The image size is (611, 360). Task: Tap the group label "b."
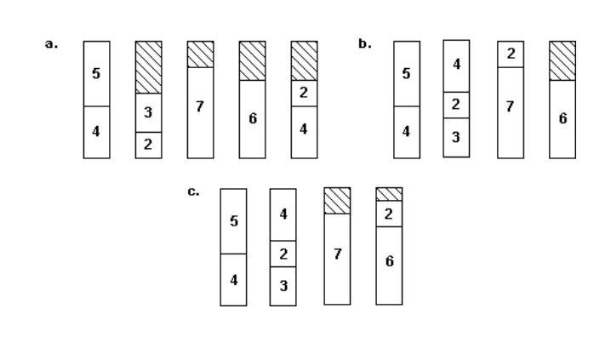tap(365, 43)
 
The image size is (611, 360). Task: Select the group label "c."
tap(193, 191)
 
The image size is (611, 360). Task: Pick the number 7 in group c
tap(338, 254)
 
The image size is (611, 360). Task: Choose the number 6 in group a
tap(253, 118)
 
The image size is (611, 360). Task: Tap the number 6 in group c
tap(389, 260)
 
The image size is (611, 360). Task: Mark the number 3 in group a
tap(148, 113)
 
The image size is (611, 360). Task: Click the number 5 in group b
tap(406, 73)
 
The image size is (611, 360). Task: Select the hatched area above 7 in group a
tap(200, 54)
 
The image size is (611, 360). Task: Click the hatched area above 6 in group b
tap(562, 60)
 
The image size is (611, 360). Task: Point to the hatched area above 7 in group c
tap(338, 201)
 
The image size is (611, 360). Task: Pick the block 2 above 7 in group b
tap(511, 53)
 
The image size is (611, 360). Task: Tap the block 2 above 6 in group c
tap(389, 213)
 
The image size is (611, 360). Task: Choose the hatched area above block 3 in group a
tap(148, 66)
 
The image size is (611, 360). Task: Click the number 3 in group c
tap(284, 286)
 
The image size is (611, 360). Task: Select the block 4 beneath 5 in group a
tap(96, 132)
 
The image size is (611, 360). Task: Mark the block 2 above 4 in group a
tap(304, 93)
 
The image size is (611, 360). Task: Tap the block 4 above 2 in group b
tap(457, 65)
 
